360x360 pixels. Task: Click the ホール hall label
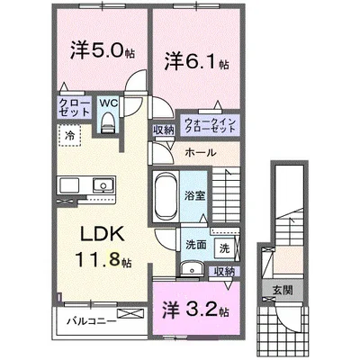click(199, 152)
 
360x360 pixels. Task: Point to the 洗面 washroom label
click(196, 245)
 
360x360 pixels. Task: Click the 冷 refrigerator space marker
click(69, 135)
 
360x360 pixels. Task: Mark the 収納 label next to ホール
click(163, 131)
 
